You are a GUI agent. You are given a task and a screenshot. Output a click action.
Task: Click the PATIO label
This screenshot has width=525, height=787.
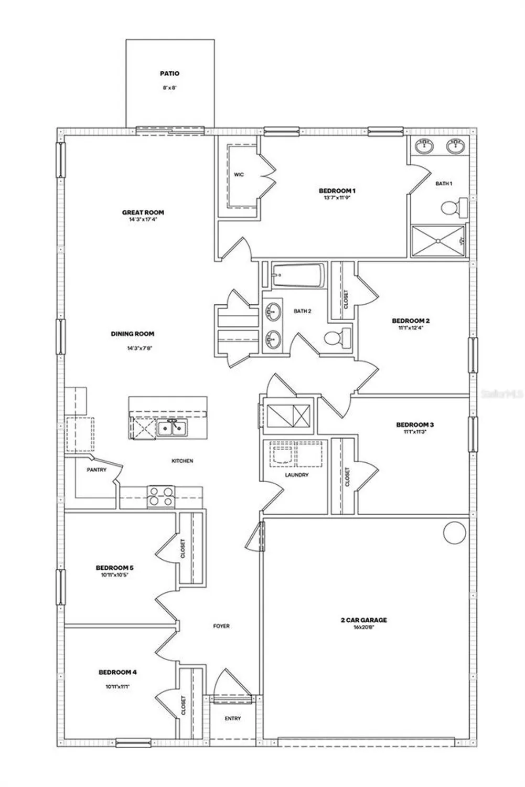pos(169,74)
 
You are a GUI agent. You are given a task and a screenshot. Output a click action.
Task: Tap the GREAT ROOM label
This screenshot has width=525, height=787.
pos(143,212)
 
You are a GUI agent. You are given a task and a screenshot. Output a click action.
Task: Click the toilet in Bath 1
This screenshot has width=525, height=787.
pos(455,208)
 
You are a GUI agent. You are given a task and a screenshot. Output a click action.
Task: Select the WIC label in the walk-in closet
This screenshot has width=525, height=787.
pos(239,175)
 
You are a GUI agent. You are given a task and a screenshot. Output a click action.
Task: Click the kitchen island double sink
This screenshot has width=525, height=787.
pos(172,428)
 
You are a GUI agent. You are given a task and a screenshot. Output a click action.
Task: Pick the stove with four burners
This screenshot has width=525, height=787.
pos(160,496)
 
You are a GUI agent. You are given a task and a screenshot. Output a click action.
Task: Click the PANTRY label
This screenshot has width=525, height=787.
pos(97,470)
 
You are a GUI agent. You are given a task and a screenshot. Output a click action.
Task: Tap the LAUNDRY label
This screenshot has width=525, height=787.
pos(296,475)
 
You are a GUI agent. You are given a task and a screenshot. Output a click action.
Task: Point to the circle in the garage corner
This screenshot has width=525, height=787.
pos(454,532)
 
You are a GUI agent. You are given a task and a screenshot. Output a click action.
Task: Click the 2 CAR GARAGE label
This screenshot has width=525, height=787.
pos(363,620)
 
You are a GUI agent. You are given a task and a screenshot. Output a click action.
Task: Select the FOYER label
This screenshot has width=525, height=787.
pos(221,626)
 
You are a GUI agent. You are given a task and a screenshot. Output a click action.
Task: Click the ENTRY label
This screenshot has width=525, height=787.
pos(233,718)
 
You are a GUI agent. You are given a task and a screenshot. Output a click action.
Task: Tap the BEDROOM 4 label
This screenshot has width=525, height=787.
pos(117,673)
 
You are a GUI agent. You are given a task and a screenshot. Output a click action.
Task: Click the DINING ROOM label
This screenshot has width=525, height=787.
pos(133,334)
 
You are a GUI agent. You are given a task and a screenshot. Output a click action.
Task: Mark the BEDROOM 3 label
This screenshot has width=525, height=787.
pos(415,424)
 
